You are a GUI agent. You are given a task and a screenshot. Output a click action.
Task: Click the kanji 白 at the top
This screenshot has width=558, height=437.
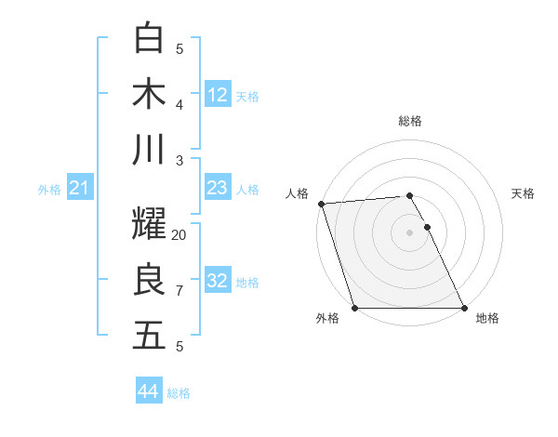click(x=149, y=38)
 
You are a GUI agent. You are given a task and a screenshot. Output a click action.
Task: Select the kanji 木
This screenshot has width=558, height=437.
click(x=149, y=94)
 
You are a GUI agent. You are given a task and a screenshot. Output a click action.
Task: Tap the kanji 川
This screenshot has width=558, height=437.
click(x=149, y=150)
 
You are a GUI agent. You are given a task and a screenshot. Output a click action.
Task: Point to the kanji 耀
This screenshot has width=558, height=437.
click(x=149, y=224)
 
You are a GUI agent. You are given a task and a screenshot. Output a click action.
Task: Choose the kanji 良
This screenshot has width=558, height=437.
click(x=149, y=280)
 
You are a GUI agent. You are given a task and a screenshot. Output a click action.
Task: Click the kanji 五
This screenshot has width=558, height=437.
click(x=149, y=336)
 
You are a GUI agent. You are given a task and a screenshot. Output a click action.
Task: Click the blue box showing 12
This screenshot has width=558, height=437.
click(x=218, y=95)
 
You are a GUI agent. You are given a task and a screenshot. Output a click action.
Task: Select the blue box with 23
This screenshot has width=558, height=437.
click(x=218, y=188)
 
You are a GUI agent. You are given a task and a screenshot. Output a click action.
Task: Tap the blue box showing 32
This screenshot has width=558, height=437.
click(x=218, y=281)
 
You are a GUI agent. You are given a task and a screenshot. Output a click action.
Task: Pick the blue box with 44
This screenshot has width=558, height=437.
click(x=149, y=391)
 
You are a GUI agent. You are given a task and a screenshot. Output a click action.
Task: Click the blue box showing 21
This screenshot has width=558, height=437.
click(x=80, y=188)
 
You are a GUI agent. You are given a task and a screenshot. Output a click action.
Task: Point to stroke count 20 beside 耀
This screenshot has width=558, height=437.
click(x=179, y=235)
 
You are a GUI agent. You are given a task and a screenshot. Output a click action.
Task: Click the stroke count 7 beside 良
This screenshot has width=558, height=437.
click(x=179, y=291)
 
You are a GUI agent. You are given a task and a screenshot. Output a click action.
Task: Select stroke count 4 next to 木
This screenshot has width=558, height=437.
click(x=179, y=105)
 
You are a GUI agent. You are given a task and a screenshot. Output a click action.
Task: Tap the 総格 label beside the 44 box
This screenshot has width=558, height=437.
click(x=179, y=393)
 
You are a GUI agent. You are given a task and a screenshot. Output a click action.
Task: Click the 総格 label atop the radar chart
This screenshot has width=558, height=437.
click(x=410, y=121)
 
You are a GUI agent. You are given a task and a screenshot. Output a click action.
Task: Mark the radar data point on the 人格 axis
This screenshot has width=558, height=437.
click(x=321, y=204)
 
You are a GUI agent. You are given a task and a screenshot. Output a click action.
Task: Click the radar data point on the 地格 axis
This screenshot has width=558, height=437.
click(x=463, y=308)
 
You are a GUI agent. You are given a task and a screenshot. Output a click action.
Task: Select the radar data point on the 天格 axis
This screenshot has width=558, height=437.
click(x=427, y=227)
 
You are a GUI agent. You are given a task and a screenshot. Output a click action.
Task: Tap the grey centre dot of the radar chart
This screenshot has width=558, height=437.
click(x=410, y=232)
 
